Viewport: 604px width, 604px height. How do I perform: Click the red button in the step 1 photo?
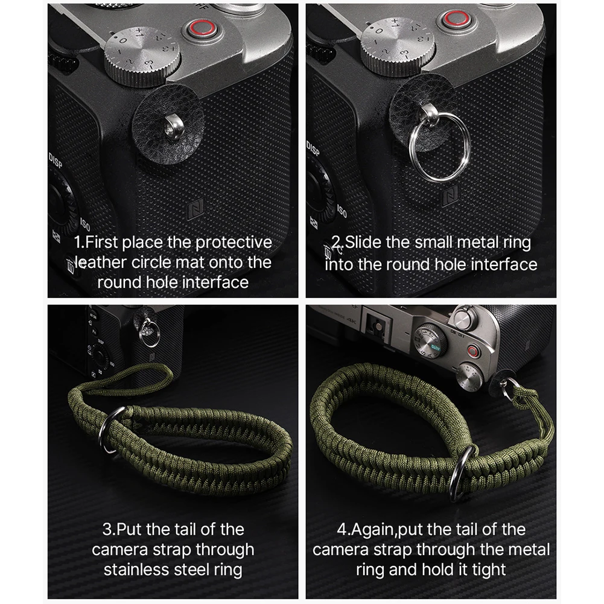point(197,28)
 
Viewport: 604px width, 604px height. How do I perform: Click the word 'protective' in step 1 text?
point(233,243)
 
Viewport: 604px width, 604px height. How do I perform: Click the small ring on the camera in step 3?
point(150,333)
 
